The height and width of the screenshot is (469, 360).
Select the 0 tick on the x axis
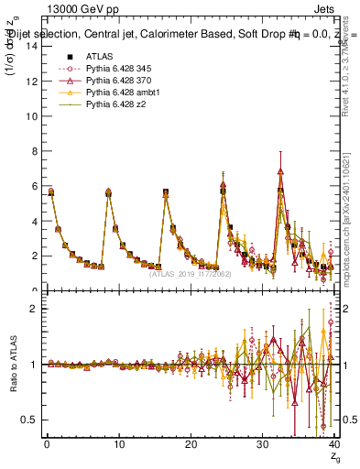click(47, 444)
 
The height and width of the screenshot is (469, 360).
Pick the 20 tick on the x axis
click(191, 444)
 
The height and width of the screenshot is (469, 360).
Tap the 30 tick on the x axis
click(262, 444)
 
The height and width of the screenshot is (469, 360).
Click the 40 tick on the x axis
click(333, 444)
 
